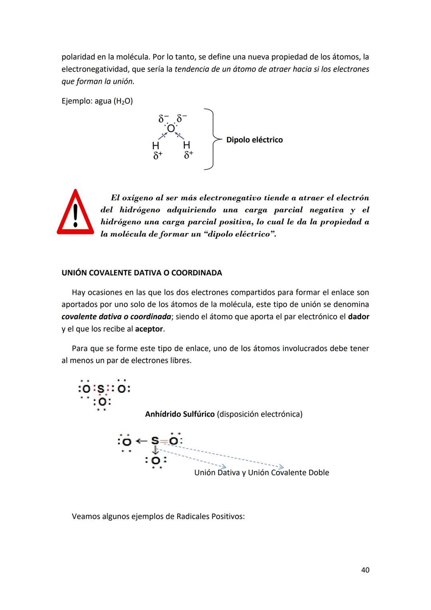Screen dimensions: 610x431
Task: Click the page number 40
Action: click(365, 570)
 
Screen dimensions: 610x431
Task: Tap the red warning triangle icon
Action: click(75, 213)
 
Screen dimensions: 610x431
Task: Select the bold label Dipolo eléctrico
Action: click(254, 140)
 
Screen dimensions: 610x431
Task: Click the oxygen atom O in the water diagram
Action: click(171, 128)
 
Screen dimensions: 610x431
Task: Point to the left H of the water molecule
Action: click(156, 145)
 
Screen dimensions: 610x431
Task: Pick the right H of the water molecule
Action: click(186, 145)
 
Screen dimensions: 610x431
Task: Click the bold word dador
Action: click(358, 316)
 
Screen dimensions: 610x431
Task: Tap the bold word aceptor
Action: click(149, 329)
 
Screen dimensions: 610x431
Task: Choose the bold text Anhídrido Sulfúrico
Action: click(180, 414)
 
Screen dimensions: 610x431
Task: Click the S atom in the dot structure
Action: click(101, 389)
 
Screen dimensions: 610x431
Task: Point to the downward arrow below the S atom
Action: click(155, 451)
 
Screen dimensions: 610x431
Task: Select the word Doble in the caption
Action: click(318, 473)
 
